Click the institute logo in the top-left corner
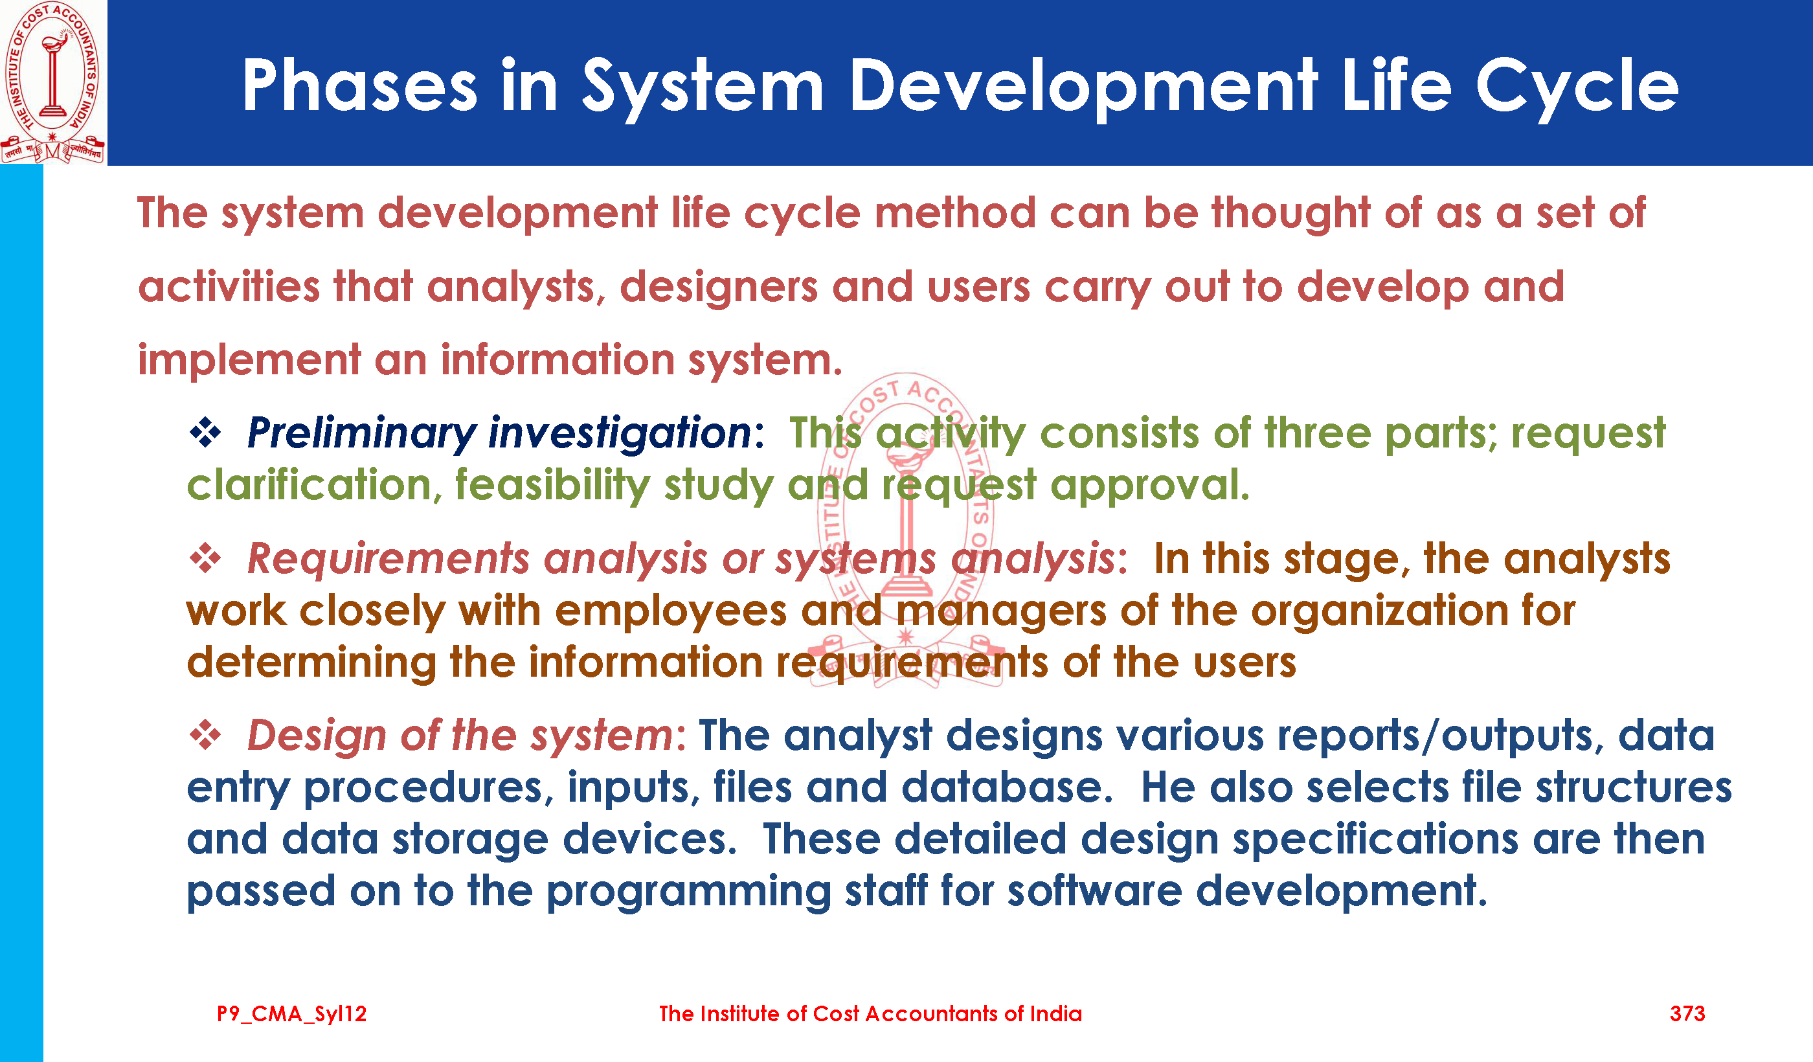(x=52, y=82)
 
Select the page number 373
(x=1687, y=1014)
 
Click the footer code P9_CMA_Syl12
(x=291, y=1015)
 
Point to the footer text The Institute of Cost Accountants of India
(x=870, y=1014)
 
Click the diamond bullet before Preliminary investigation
(x=205, y=433)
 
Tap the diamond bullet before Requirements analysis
(x=205, y=558)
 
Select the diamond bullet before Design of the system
(x=205, y=736)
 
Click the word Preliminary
(x=361, y=434)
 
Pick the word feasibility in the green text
(x=552, y=486)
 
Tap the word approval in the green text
(x=1150, y=486)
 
